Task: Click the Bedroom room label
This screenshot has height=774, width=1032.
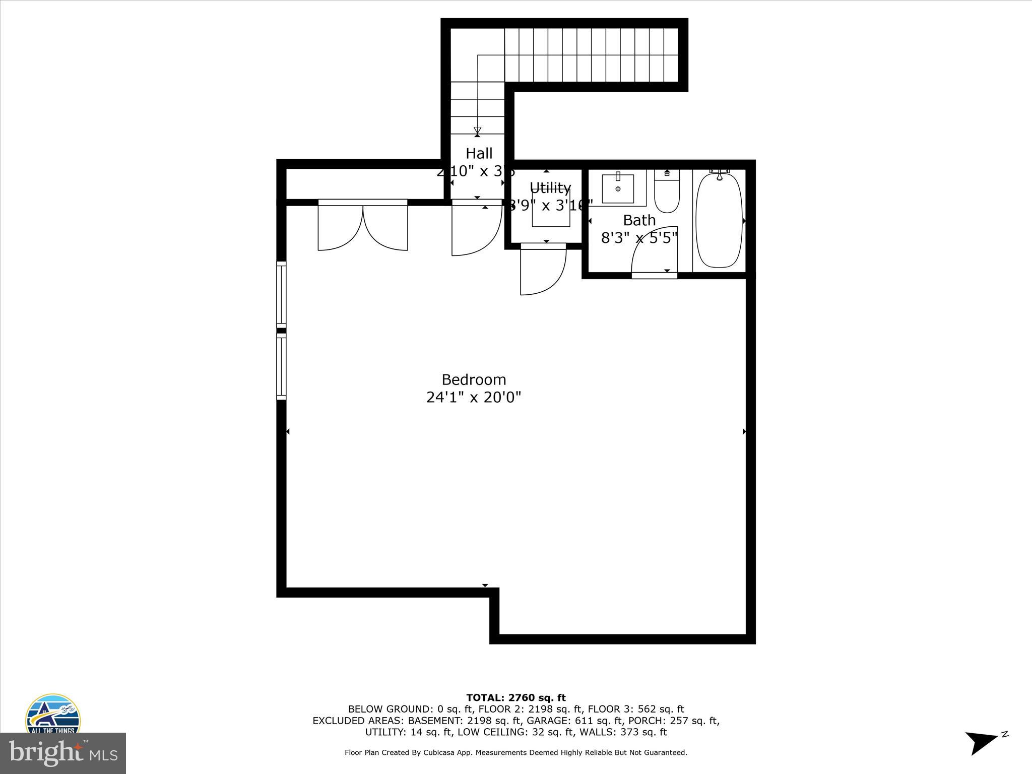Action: (x=474, y=379)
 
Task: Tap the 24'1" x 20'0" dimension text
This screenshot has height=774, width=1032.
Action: (x=474, y=398)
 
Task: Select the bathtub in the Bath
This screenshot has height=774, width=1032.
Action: (x=719, y=220)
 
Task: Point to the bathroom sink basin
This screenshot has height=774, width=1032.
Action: (x=618, y=189)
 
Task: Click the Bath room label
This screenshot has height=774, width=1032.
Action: (x=639, y=220)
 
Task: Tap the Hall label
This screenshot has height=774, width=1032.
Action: (x=479, y=153)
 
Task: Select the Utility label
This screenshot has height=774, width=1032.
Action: (x=550, y=188)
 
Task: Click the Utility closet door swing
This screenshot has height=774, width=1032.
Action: (x=543, y=272)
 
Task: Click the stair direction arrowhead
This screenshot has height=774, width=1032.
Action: (x=477, y=131)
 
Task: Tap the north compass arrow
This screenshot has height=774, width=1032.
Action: (x=982, y=743)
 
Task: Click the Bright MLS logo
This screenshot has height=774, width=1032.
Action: (x=62, y=753)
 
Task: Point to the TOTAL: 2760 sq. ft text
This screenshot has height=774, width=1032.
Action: (x=515, y=698)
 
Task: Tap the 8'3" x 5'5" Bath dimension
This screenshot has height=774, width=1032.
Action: (x=639, y=237)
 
